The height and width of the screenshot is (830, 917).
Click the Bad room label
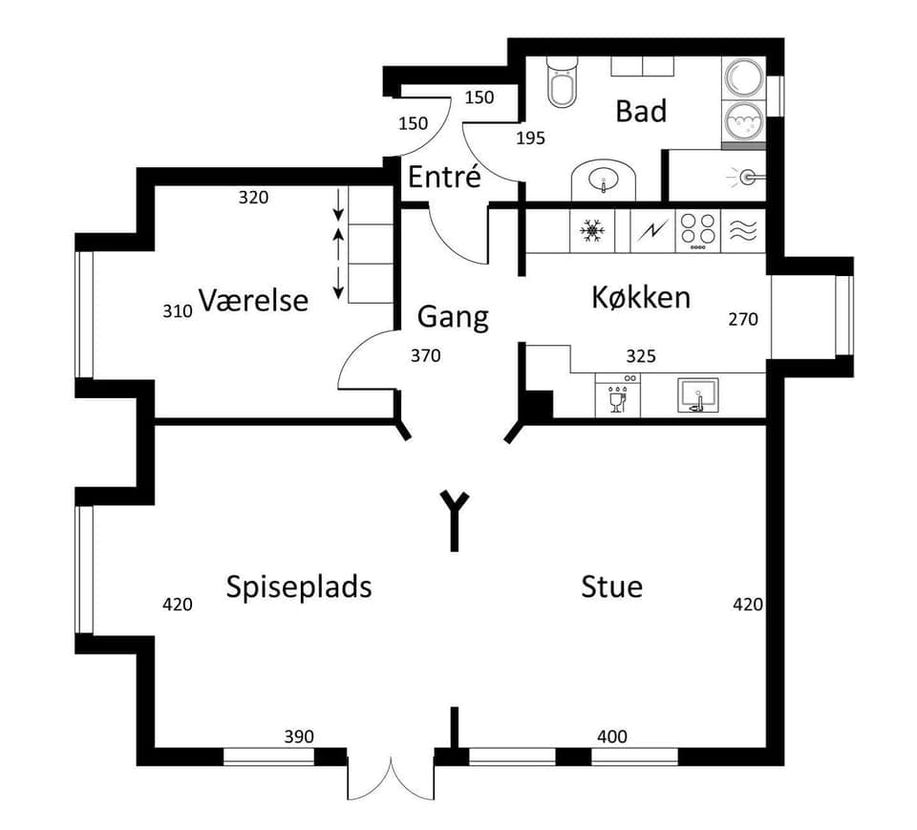click(640, 111)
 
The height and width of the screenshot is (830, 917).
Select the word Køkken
click(640, 297)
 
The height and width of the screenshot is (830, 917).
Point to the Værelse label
click(253, 300)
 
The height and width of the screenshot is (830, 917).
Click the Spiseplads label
click(298, 585)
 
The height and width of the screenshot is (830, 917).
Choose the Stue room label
click(611, 585)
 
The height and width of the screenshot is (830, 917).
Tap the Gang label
click(453, 316)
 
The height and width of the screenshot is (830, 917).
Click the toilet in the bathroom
click(561, 85)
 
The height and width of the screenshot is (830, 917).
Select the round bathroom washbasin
click(603, 180)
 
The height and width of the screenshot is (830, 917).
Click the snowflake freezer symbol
click(593, 231)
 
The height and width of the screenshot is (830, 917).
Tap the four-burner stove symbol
click(696, 231)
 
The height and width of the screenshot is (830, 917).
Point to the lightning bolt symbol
click(652, 231)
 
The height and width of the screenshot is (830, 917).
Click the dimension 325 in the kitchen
click(640, 356)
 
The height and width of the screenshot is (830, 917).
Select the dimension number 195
click(530, 138)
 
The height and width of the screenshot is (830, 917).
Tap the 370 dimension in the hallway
click(425, 355)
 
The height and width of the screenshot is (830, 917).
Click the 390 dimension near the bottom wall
click(299, 736)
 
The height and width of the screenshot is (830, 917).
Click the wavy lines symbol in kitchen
click(743, 231)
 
